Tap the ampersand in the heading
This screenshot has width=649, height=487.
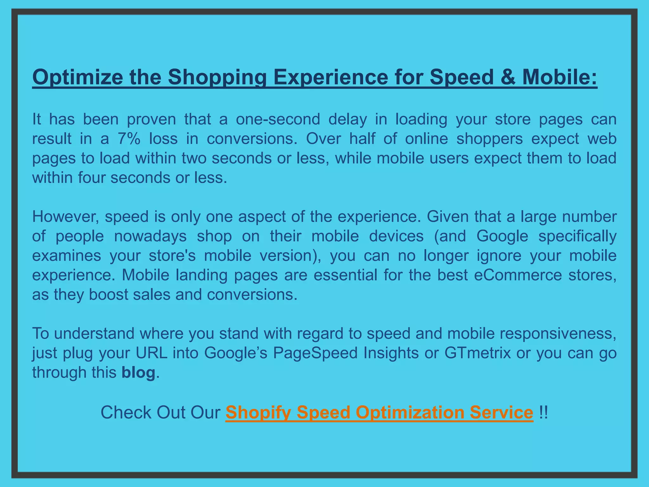(x=508, y=77)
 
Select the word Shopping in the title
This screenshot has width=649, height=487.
(x=217, y=78)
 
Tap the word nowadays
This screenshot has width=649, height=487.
(x=150, y=237)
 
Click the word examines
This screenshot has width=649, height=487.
(x=67, y=256)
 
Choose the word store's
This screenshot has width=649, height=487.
(x=172, y=256)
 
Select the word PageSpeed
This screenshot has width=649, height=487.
(x=315, y=353)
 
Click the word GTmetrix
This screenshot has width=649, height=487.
(x=478, y=353)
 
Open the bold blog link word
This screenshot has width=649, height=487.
(x=138, y=373)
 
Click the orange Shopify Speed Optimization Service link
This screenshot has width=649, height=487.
(x=379, y=412)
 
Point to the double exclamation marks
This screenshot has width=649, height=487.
(x=543, y=412)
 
